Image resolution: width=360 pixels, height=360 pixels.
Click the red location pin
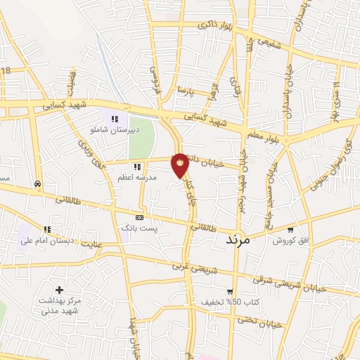click(180, 165)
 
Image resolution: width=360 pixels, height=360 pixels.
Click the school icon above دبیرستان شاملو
click(115, 119)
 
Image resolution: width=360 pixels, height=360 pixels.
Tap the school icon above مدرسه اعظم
click(137, 167)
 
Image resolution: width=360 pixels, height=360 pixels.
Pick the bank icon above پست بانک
click(140, 218)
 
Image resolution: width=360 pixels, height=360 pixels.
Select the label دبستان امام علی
click(46, 240)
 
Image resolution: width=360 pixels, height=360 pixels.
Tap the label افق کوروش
click(291, 240)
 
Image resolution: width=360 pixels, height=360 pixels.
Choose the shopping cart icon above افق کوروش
click(290, 230)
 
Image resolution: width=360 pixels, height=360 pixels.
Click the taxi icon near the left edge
click(37, 184)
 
